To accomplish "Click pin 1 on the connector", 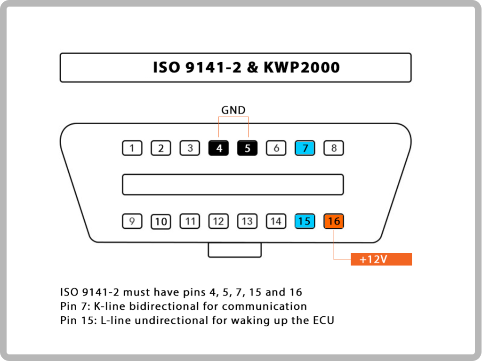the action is pyautogui.click(x=132, y=148).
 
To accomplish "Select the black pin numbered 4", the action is pyautogui.click(x=218, y=148).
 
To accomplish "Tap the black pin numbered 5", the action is pyautogui.click(x=247, y=148).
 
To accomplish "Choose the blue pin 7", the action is pyautogui.click(x=305, y=148).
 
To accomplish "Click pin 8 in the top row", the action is pyautogui.click(x=334, y=148).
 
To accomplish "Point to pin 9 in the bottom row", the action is pyautogui.click(x=132, y=221).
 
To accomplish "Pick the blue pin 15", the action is pyautogui.click(x=305, y=221).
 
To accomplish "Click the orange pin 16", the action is pyautogui.click(x=334, y=221).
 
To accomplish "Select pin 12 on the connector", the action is pyautogui.click(x=218, y=221).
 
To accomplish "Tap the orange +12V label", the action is pyautogui.click(x=381, y=259).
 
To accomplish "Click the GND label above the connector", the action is pyautogui.click(x=233, y=110).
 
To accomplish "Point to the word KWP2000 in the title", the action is pyautogui.click(x=302, y=67).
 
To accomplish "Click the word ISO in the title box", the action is pyautogui.click(x=166, y=67).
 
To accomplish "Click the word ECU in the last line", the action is pyautogui.click(x=323, y=321).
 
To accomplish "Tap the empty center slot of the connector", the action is pyautogui.click(x=233, y=185).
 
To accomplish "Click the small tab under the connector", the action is pyautogui.click(x=234, y=249).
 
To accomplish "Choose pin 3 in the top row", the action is pyautogui.click(x=190, y=148).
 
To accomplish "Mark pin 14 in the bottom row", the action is pyautogui.click(x=276, y=221).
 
